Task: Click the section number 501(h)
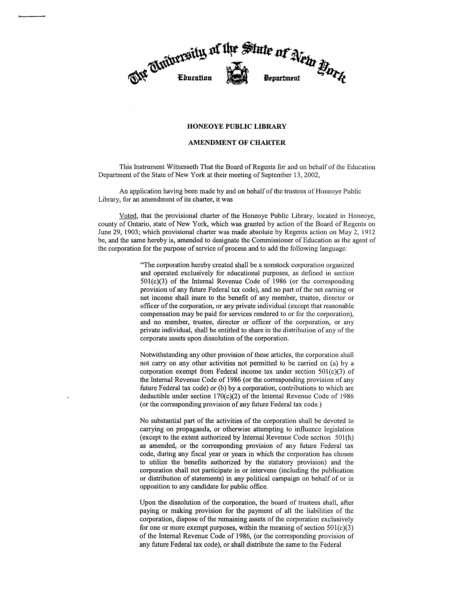click(344, 437)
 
